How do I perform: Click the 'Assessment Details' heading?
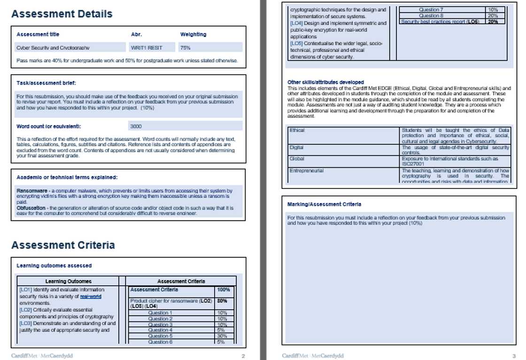[62, 14]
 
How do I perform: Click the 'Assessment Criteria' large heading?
[63, 245]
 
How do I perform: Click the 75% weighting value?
[186, 47]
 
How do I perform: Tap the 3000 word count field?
[136, 126]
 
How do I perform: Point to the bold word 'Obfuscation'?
[32, 208]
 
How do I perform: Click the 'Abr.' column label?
[136, 34]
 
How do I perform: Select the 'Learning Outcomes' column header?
[69, 281]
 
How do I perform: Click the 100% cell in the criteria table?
[223, 290]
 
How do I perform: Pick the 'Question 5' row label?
[160, 336]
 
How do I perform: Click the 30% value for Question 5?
[222, 336]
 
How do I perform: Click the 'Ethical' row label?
[297, 130]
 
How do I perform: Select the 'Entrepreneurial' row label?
[307, 171]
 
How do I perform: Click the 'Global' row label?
[297, 159]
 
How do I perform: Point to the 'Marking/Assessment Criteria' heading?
[324, 204]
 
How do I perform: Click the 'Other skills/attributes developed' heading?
[325, 82]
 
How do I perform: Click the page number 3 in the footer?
[514, 356]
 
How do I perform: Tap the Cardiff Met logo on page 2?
[42, 356]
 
